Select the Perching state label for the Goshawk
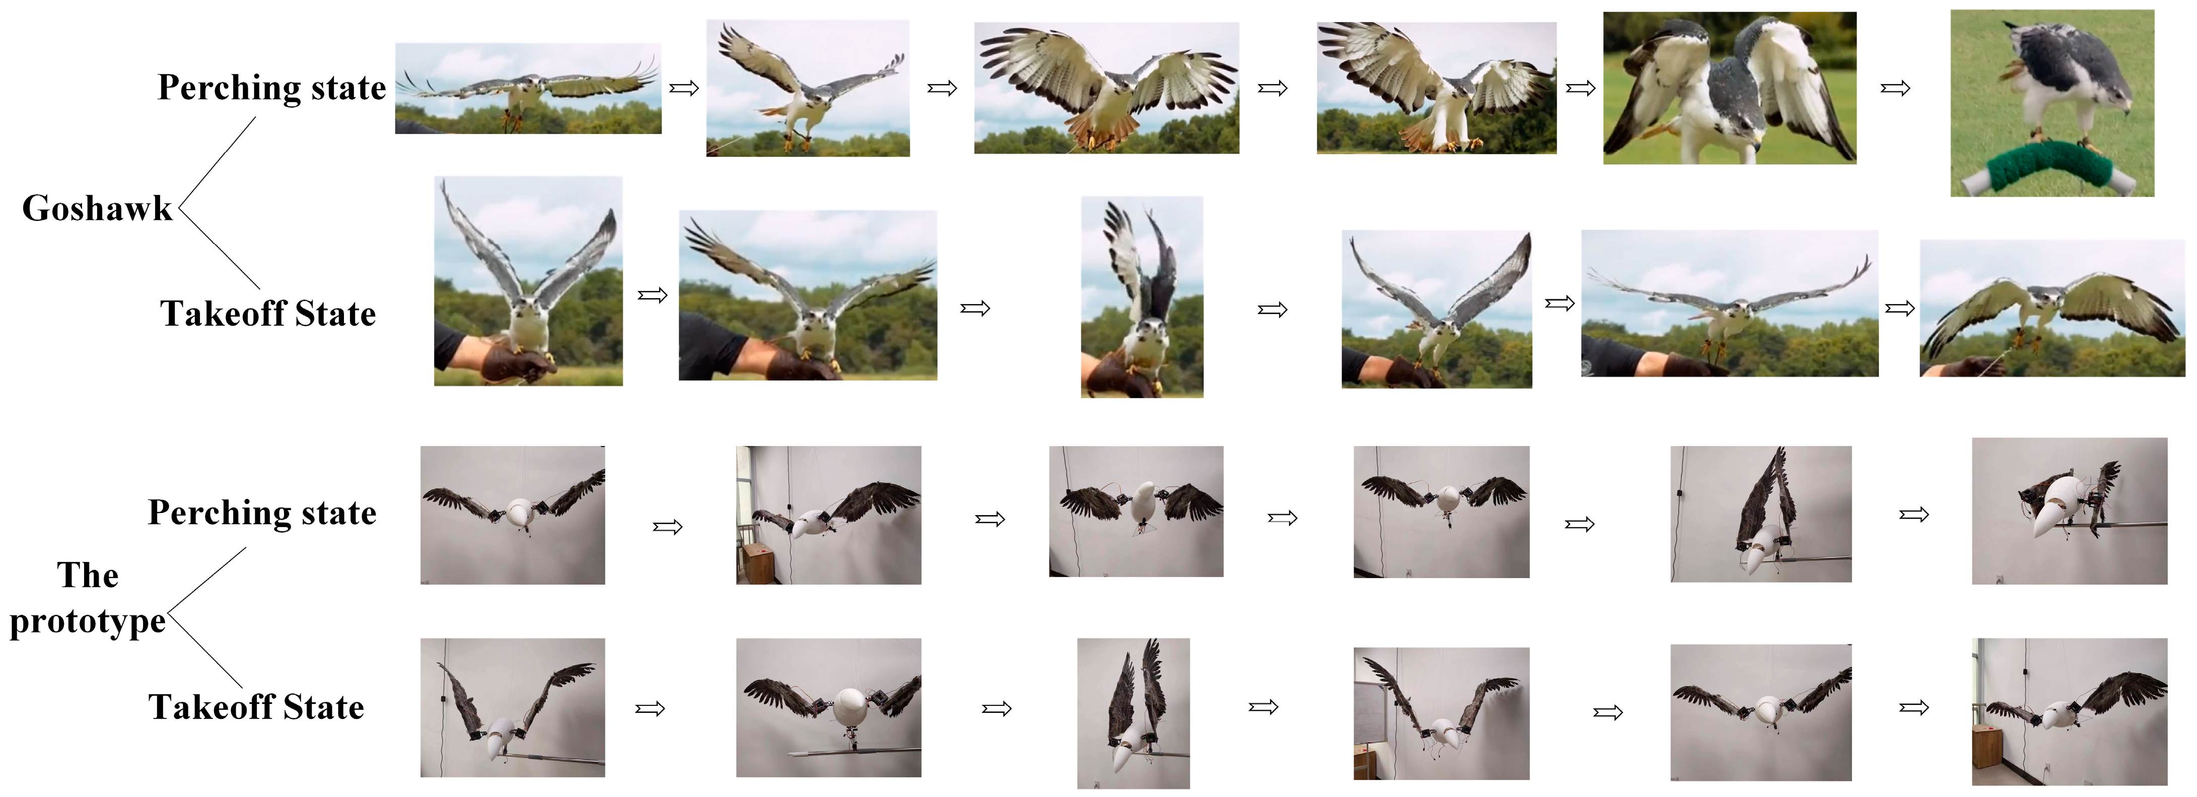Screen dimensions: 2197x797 pos(272,88)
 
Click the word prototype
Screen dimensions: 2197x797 pos(87,621)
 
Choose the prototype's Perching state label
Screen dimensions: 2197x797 pos(262,513)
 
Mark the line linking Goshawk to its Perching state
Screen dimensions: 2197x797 pos(218,160)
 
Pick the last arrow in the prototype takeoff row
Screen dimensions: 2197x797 pos(1914,707)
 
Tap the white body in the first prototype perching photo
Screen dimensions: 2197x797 pos(520,513)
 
